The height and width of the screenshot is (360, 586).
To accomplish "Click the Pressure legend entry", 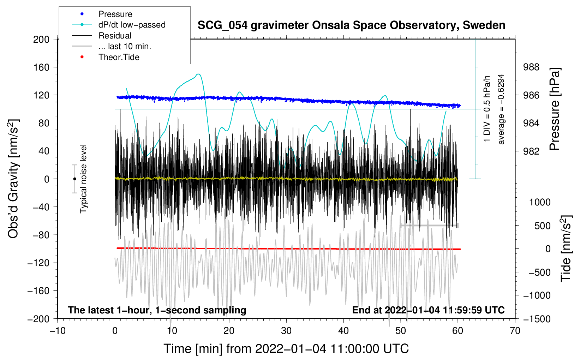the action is pos(102,14).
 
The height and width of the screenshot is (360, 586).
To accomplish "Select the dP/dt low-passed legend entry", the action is pos(119,25).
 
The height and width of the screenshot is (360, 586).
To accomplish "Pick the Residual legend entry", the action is pos(102,36).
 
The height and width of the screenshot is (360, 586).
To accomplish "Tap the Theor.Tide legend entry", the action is pos(106,57).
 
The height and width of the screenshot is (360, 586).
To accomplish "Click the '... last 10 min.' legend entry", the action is pos(112,46).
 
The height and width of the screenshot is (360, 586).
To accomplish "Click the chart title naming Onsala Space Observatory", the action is pos(351,25).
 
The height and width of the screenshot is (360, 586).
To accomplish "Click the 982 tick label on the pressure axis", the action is pos(531,151).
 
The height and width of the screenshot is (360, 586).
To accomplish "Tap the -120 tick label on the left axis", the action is pos(38,263).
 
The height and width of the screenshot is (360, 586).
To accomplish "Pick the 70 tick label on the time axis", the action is pos(515,331).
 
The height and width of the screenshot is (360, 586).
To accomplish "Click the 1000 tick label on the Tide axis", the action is pos(540,202).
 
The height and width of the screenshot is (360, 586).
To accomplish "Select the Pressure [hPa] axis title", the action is pos(555,109).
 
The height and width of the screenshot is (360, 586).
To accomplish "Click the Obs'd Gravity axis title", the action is pos(13,179).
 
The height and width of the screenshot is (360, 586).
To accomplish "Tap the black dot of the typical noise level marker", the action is pos(74,179).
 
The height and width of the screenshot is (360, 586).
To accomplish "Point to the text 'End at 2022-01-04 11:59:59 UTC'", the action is pos(428,310).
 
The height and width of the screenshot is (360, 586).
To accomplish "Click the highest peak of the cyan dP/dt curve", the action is pos(198,74).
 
